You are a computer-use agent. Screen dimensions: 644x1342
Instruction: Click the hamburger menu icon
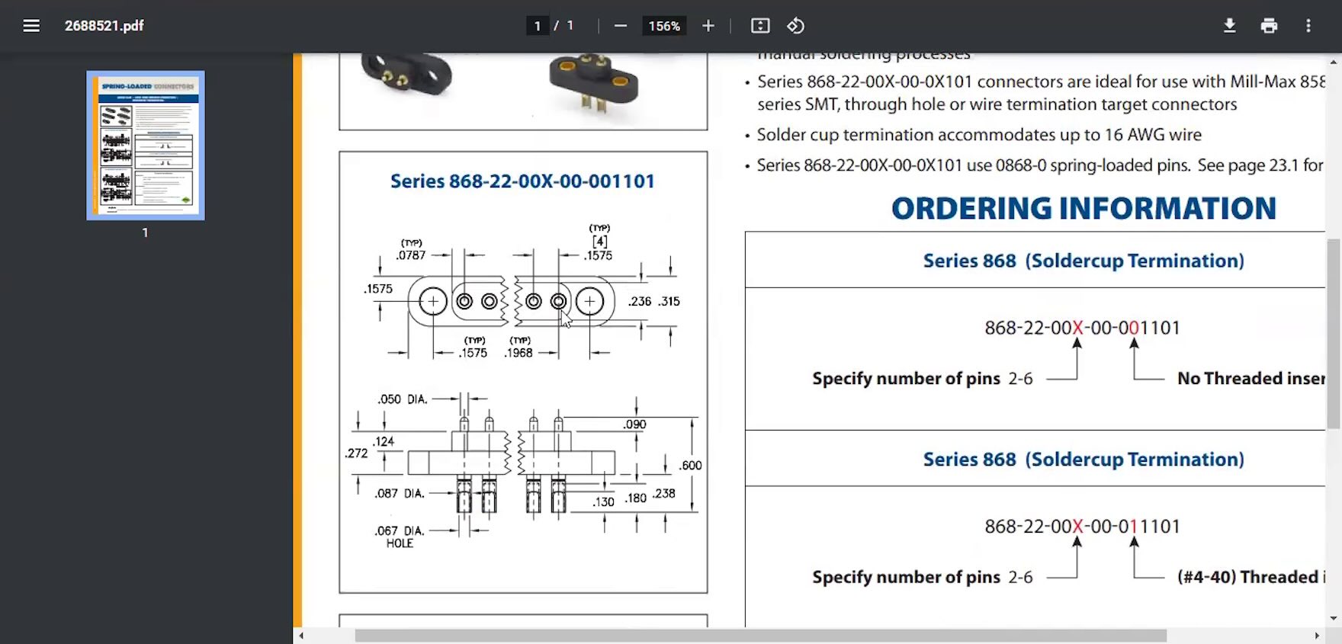pos(31,26)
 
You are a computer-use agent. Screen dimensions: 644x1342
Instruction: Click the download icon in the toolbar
pos(1229,26)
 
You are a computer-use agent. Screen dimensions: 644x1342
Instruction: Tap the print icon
pos(1269,26)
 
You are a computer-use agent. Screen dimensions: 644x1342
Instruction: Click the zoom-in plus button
pos(708,26)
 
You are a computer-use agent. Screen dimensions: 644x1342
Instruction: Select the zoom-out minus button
pos(621,26)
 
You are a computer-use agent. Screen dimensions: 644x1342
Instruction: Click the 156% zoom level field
pos(663,26)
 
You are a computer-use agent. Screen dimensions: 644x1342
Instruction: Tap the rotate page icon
pos(796,26)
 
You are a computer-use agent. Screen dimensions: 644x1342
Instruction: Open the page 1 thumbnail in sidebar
pos(146,145)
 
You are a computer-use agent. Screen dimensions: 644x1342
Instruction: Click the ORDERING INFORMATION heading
pos(1084,208)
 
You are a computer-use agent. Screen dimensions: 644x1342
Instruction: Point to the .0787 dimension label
pos(411,255)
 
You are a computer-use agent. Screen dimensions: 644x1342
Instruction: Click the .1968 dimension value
pos(518,353)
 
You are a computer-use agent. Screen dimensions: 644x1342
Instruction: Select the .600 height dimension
pos(691,465)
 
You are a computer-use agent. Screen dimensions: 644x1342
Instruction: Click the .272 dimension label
pos(356,453)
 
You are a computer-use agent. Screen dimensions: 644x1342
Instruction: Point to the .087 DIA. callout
pos(400,493)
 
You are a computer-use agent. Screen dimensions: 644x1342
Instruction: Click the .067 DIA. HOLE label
pos(400,537)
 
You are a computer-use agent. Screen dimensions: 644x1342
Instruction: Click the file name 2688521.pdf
pos(104,26)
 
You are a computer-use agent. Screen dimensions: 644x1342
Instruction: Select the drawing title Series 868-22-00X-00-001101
pos(522,181)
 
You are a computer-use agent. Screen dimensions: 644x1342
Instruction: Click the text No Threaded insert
pos(1250,379)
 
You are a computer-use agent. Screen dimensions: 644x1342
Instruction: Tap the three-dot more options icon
pos(1308,26)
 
